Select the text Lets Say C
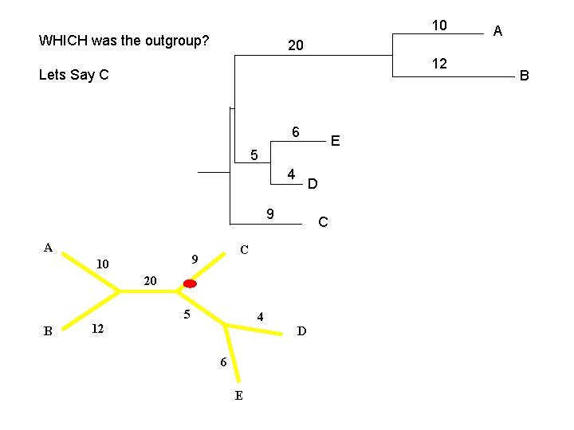point(73,75)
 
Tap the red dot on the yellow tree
point(190,283)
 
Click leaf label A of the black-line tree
point(497,31)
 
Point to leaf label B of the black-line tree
point(524,76)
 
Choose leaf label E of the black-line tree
point(335,141)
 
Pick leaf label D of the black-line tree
point(313,185)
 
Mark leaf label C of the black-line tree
point(322,222)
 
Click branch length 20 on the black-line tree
point(295,46)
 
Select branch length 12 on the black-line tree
point(439,63)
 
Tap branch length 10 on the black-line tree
point(439,25)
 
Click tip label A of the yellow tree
point(48,248)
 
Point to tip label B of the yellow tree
point(48,331)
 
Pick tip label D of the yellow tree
point(301,331)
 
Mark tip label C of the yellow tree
point(245,250)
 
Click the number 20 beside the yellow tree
point(151,280)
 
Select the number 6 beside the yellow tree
point(223,363)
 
